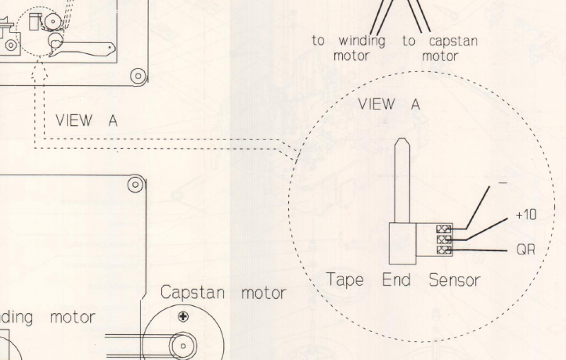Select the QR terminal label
(x=525, y=250)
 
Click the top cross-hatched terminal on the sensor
(x=443, y=229)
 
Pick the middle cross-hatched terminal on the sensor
(x=443, y=239)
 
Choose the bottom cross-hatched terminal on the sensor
(x=443, y=250)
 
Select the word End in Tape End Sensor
(x=397, y=280)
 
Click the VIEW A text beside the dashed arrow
(x=85, y=121)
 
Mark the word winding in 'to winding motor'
(x=361, y=41)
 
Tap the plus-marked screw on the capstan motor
(x=182, y=317)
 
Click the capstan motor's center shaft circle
(x=183, y=344)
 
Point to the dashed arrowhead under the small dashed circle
(x=37, y=71)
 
